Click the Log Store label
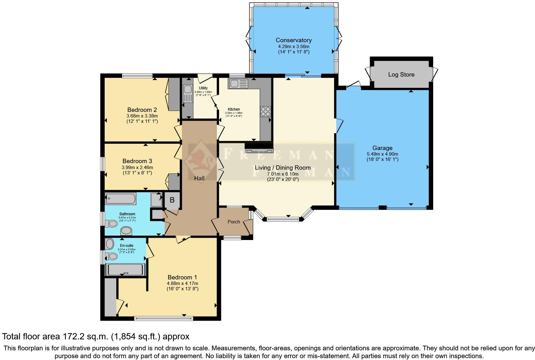click(401, 74)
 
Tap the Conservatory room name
click(293, 40)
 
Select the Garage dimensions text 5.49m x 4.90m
click(382, 154)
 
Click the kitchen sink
click(238, 84)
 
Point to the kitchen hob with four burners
click(266, 112)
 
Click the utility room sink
click(188, 93)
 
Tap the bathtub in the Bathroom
click(121, 199)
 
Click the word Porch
click(234, 222)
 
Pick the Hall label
click(199, 178)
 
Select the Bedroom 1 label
click(182, 277)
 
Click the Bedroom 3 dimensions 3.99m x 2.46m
click(137, 167)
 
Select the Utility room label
click(203, 88)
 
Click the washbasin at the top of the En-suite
click(109, 243)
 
